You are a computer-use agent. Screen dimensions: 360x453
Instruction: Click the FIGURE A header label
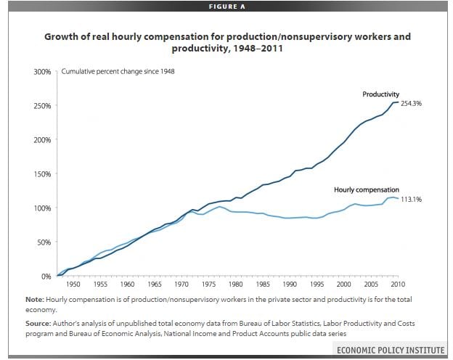(226, 5)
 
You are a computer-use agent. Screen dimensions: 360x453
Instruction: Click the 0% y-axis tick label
(46, 277)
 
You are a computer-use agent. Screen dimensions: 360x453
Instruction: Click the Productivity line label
(381, 94)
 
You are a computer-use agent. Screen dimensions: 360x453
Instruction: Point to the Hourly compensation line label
(366, 189)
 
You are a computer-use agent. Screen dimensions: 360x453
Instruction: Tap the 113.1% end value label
(411, 198)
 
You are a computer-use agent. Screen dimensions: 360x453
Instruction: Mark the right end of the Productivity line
(399, 102)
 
